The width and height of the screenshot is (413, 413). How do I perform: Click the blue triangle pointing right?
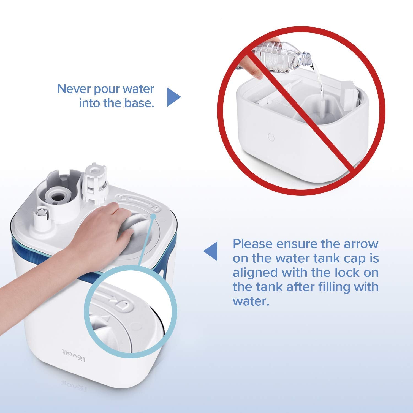[x=174, y=97]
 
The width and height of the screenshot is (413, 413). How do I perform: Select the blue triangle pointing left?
[x=210, y=251]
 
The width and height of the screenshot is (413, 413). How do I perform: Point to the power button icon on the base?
[x=271, y=137]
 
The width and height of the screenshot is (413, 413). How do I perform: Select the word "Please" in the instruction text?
[x=252, y=244]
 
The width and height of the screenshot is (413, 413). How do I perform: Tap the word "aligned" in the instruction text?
[x=255, y=273]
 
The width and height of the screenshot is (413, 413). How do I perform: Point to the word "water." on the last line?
[x=251, y=301]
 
